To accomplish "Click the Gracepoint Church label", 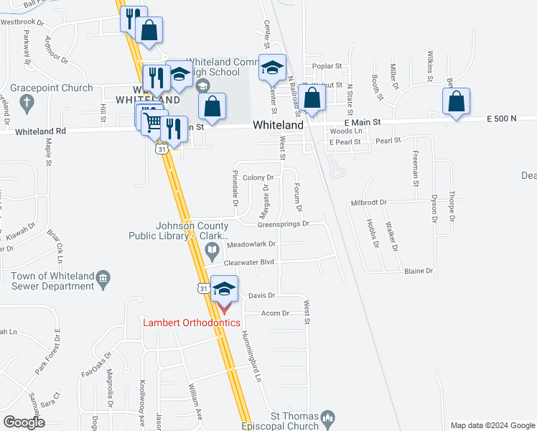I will click(x=52, y=88).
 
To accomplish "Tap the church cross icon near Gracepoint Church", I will click(x=27, y=104).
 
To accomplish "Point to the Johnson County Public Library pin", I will click(x=212, y=252).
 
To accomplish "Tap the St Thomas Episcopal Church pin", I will click(x=328, y=417).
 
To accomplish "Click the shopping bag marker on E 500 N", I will click(x=457, y=102).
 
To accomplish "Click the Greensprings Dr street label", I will click(x=283, y=224).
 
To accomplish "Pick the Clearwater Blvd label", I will click(x=251, y=263).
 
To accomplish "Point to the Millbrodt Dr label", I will click(x=368, y=203).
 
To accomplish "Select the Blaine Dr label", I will click(x=419, y=271).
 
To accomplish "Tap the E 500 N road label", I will click(x=501, y=119).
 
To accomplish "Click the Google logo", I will click(x=24, y=422).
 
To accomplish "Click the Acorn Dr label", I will click(x=275, y=313).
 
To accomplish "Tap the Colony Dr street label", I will click(x=258, y=177).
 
